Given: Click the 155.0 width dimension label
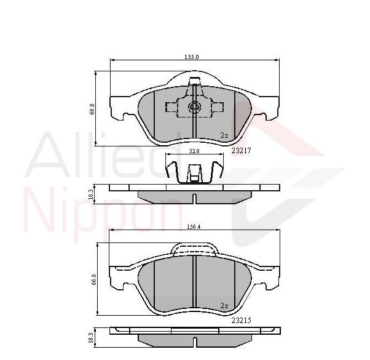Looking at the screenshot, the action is point(191,57).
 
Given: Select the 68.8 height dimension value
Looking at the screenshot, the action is point(92,109).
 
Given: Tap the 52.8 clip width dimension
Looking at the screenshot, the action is point(194,151).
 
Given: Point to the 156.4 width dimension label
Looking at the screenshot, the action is point(194,226).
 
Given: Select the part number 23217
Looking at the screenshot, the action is point(241,150).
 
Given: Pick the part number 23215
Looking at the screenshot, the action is point(241,321).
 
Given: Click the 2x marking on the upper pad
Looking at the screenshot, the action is point(224,135).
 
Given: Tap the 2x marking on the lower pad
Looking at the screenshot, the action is point(224,306).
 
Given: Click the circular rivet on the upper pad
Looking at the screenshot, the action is point(194,107).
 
